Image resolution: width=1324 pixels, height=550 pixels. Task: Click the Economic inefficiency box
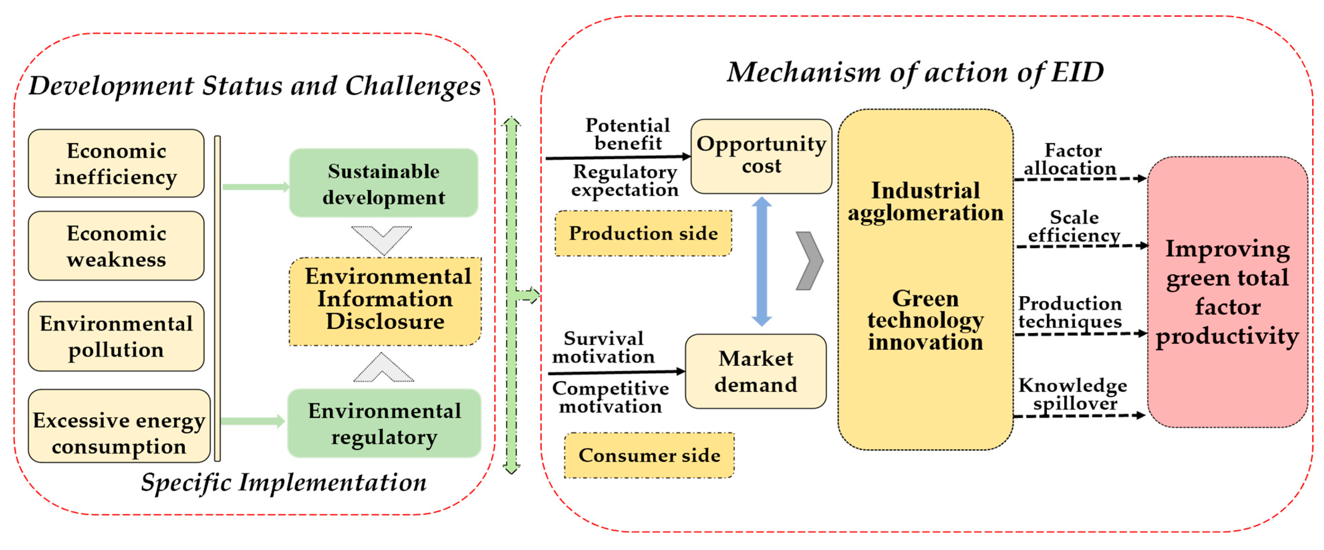coord(116,163)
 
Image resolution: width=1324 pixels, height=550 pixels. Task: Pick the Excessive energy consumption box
coord(119,427)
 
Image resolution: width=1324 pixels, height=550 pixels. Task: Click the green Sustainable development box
coord(384,183)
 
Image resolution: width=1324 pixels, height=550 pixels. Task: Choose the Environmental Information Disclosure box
coord(386,300)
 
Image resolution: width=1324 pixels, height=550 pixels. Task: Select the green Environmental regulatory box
coord(384,424)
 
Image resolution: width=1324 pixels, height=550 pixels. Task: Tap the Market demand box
coord(755,371)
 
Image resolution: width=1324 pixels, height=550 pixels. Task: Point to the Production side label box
coord(643,233)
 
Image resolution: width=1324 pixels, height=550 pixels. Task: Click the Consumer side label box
coord(649,455)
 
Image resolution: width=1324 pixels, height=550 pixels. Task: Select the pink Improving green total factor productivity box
coord(1227,292)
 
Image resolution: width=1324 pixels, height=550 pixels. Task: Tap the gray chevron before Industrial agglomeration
coord(809,261)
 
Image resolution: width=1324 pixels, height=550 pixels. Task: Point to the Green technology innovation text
coord(925,320)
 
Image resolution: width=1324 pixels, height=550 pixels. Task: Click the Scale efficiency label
coord(1074,226)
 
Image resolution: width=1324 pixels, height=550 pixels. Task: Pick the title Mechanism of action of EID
coord(915,72)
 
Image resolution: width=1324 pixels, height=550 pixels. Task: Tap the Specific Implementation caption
coord(284,483)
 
